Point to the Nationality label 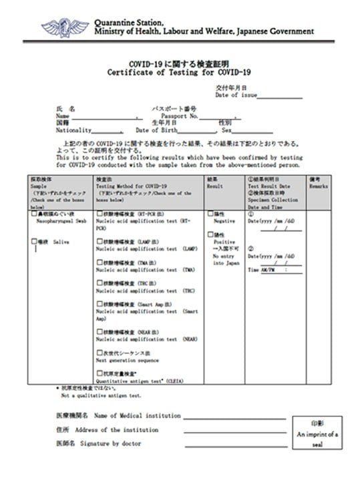73,130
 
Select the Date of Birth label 159,130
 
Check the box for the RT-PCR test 99,214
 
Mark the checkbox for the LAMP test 99,242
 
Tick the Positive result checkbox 210,235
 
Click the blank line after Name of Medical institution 234,417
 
